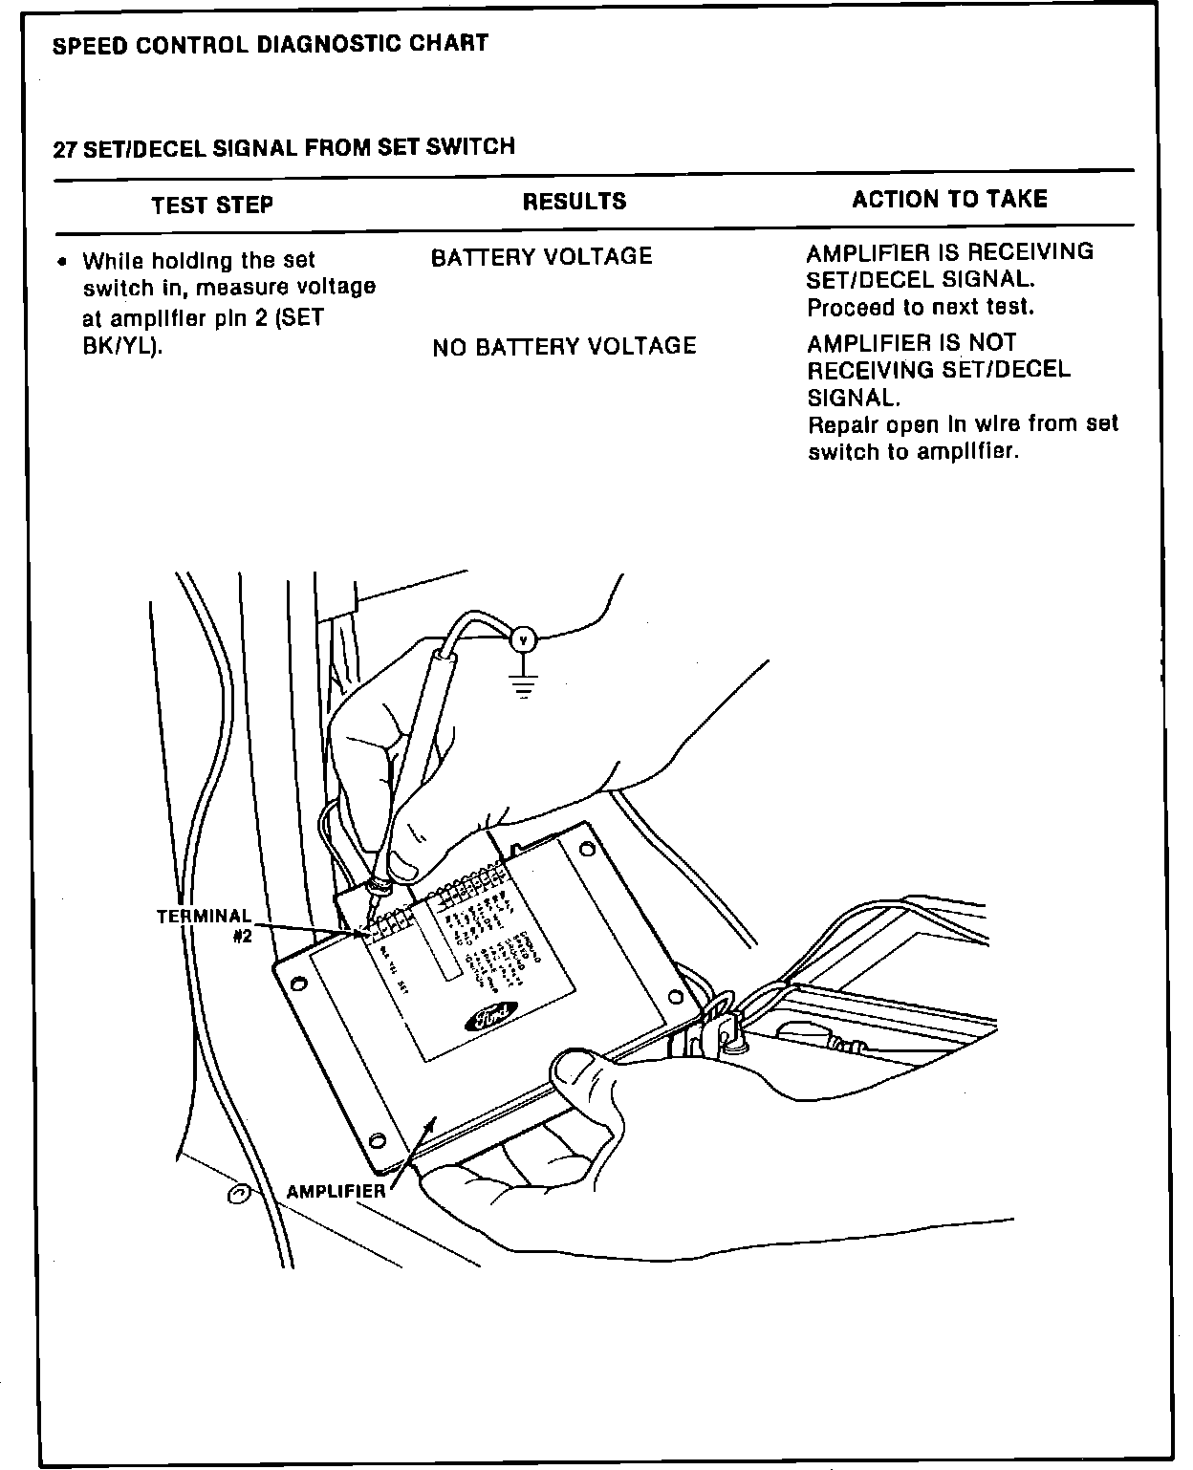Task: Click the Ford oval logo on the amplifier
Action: (x=490, y=1018)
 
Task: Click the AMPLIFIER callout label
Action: (x=336, y=1191)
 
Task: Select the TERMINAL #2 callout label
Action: (x=206, y=926)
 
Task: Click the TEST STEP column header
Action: (x=212, y=205)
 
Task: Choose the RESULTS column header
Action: (x=575, y=202)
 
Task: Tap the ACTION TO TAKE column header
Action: (x=949, y=199)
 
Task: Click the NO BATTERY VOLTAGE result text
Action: (x=564, y=346)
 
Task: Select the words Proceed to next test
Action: (x=921, y=308)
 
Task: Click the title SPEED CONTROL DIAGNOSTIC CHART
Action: (x=271, y=44)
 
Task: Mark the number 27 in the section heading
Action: (x=64, y=149)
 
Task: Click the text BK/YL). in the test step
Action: (x=123, y=345)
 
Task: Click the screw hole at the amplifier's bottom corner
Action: (x=377, y=1139)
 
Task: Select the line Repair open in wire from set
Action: (x=963, y=424)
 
